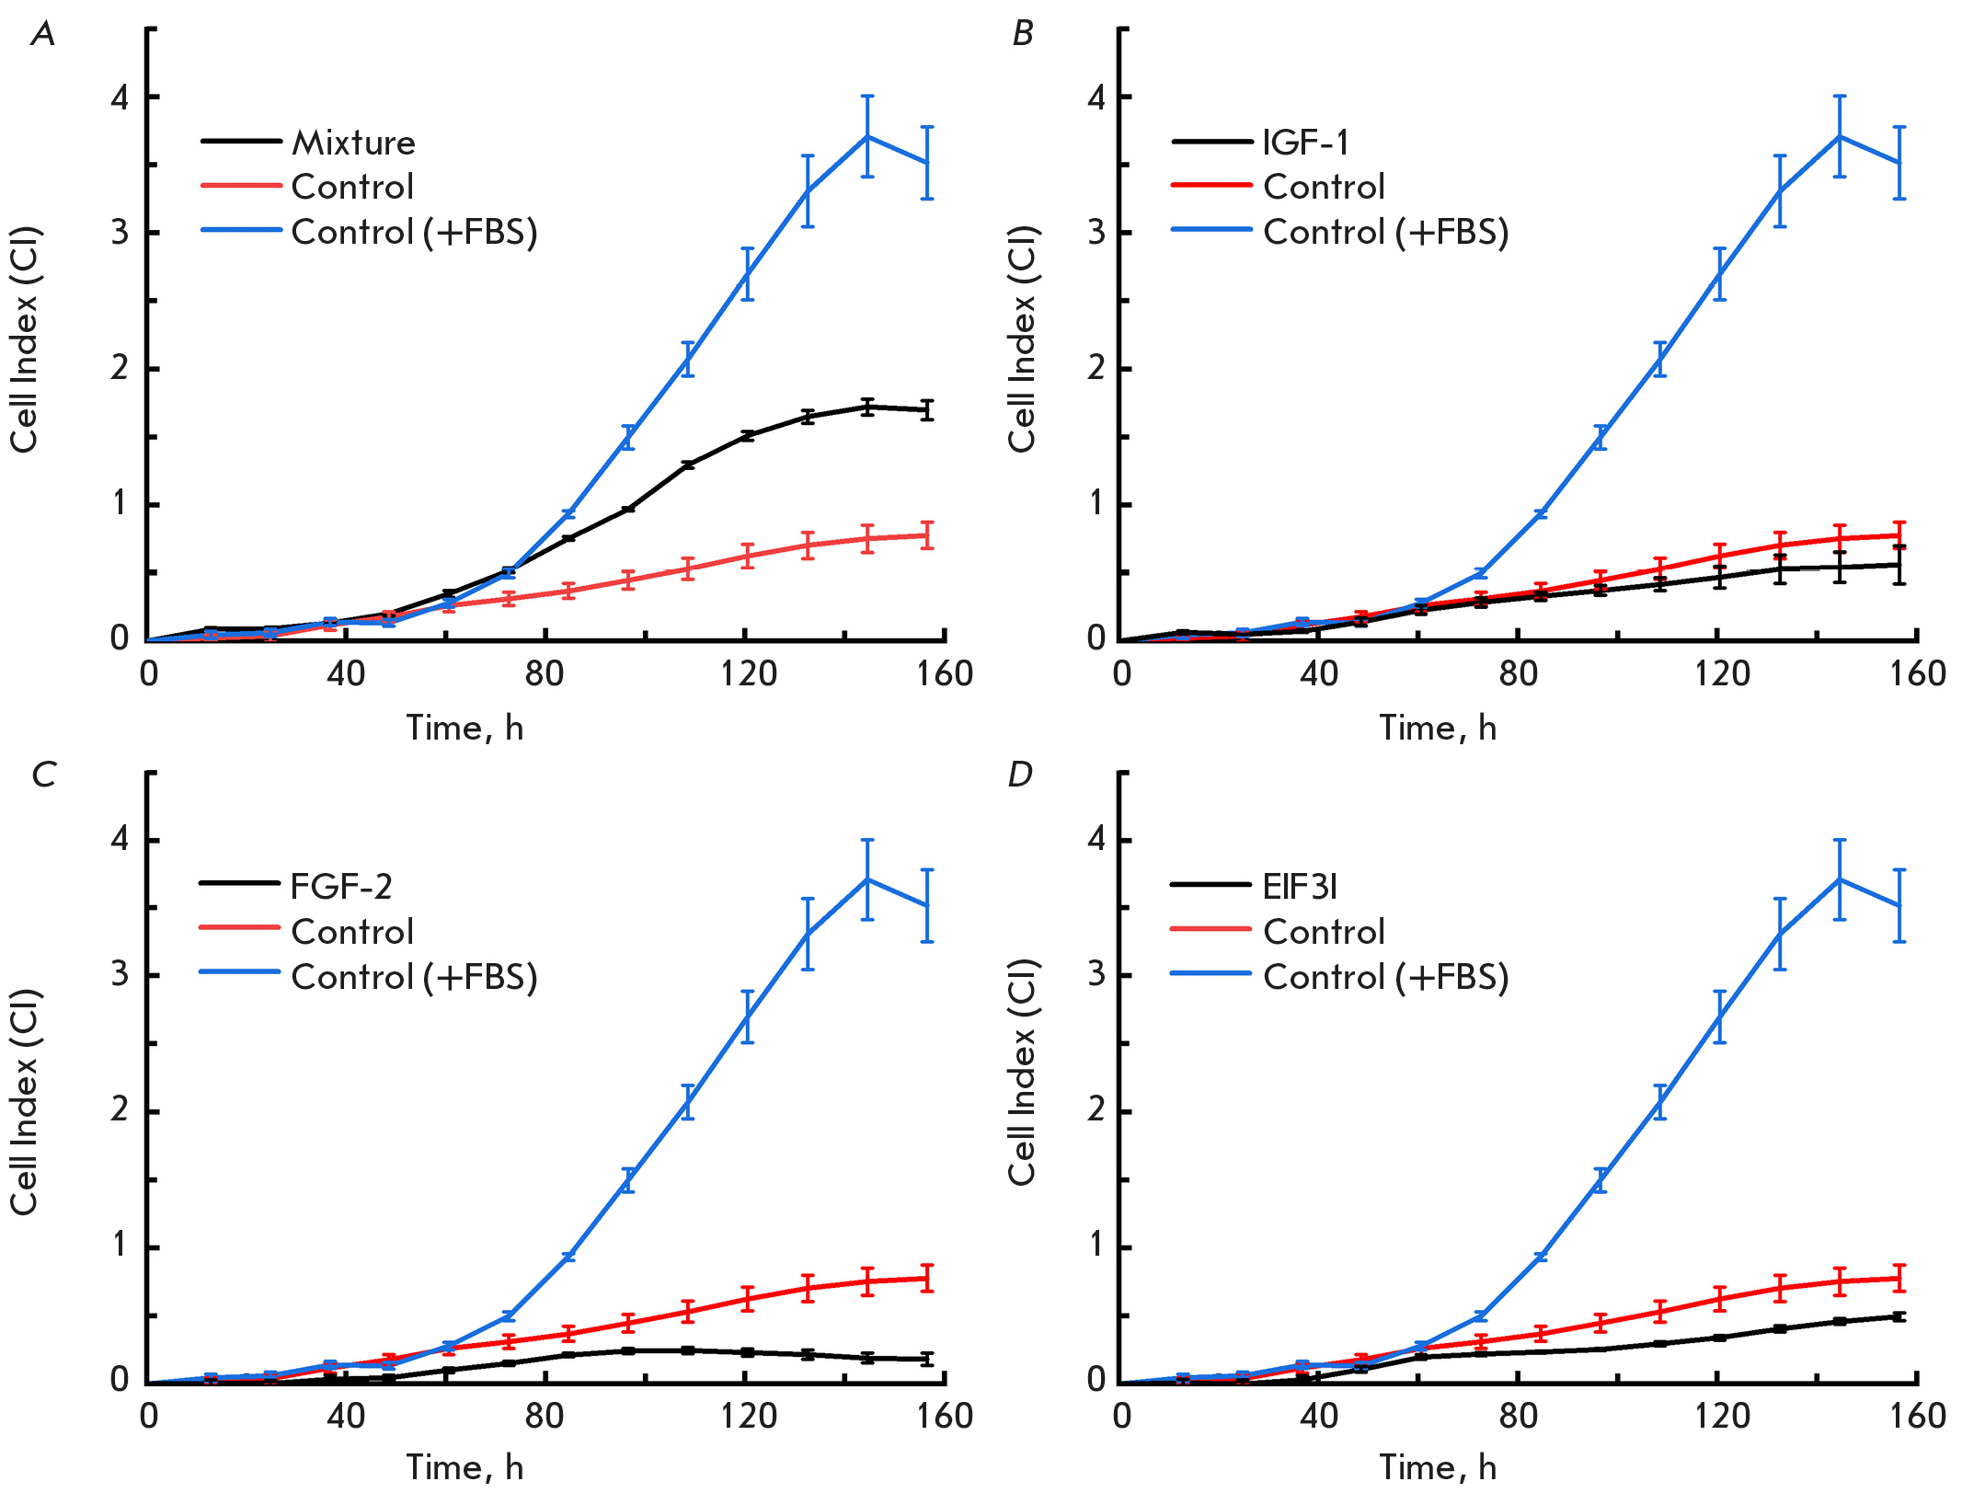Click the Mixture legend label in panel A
353,143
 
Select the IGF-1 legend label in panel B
1306,143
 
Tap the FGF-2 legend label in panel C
341,887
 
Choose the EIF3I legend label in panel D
1300,887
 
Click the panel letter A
43,34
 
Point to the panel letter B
1022,34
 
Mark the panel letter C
43,775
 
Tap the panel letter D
1020,775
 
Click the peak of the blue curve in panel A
867,136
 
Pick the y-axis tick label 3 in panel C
120,974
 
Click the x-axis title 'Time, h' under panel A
465,728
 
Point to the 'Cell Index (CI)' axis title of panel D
1022,1072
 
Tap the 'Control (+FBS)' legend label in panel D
1386,977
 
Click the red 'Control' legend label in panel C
352,932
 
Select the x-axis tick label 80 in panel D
1518,1416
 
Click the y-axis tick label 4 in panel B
1096,98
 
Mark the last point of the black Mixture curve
927,410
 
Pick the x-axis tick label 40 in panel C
346,1416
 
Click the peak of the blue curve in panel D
1840,879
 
